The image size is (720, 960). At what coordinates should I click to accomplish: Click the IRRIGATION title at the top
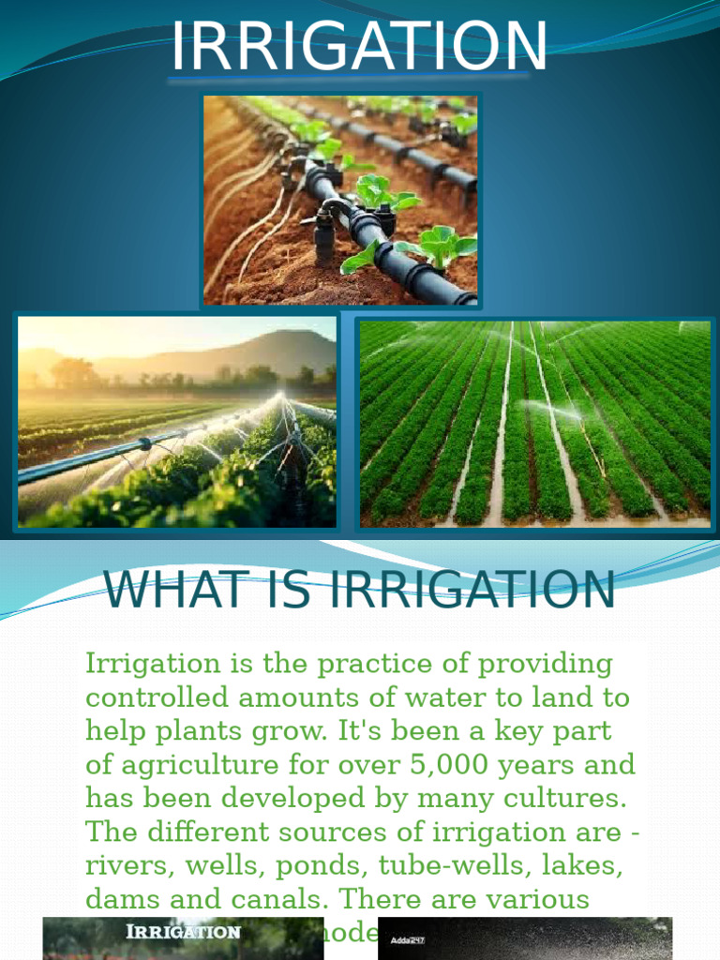pos(359,46)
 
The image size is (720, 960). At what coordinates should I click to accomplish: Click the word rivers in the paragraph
pos(125,865)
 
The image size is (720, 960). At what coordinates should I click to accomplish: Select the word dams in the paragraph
pos(121,899)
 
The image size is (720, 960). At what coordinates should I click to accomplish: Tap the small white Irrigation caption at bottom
pos(184,932)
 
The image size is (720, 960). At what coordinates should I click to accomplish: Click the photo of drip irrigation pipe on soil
pos(340,200)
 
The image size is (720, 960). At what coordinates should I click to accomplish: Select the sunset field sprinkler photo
pos(176,421)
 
